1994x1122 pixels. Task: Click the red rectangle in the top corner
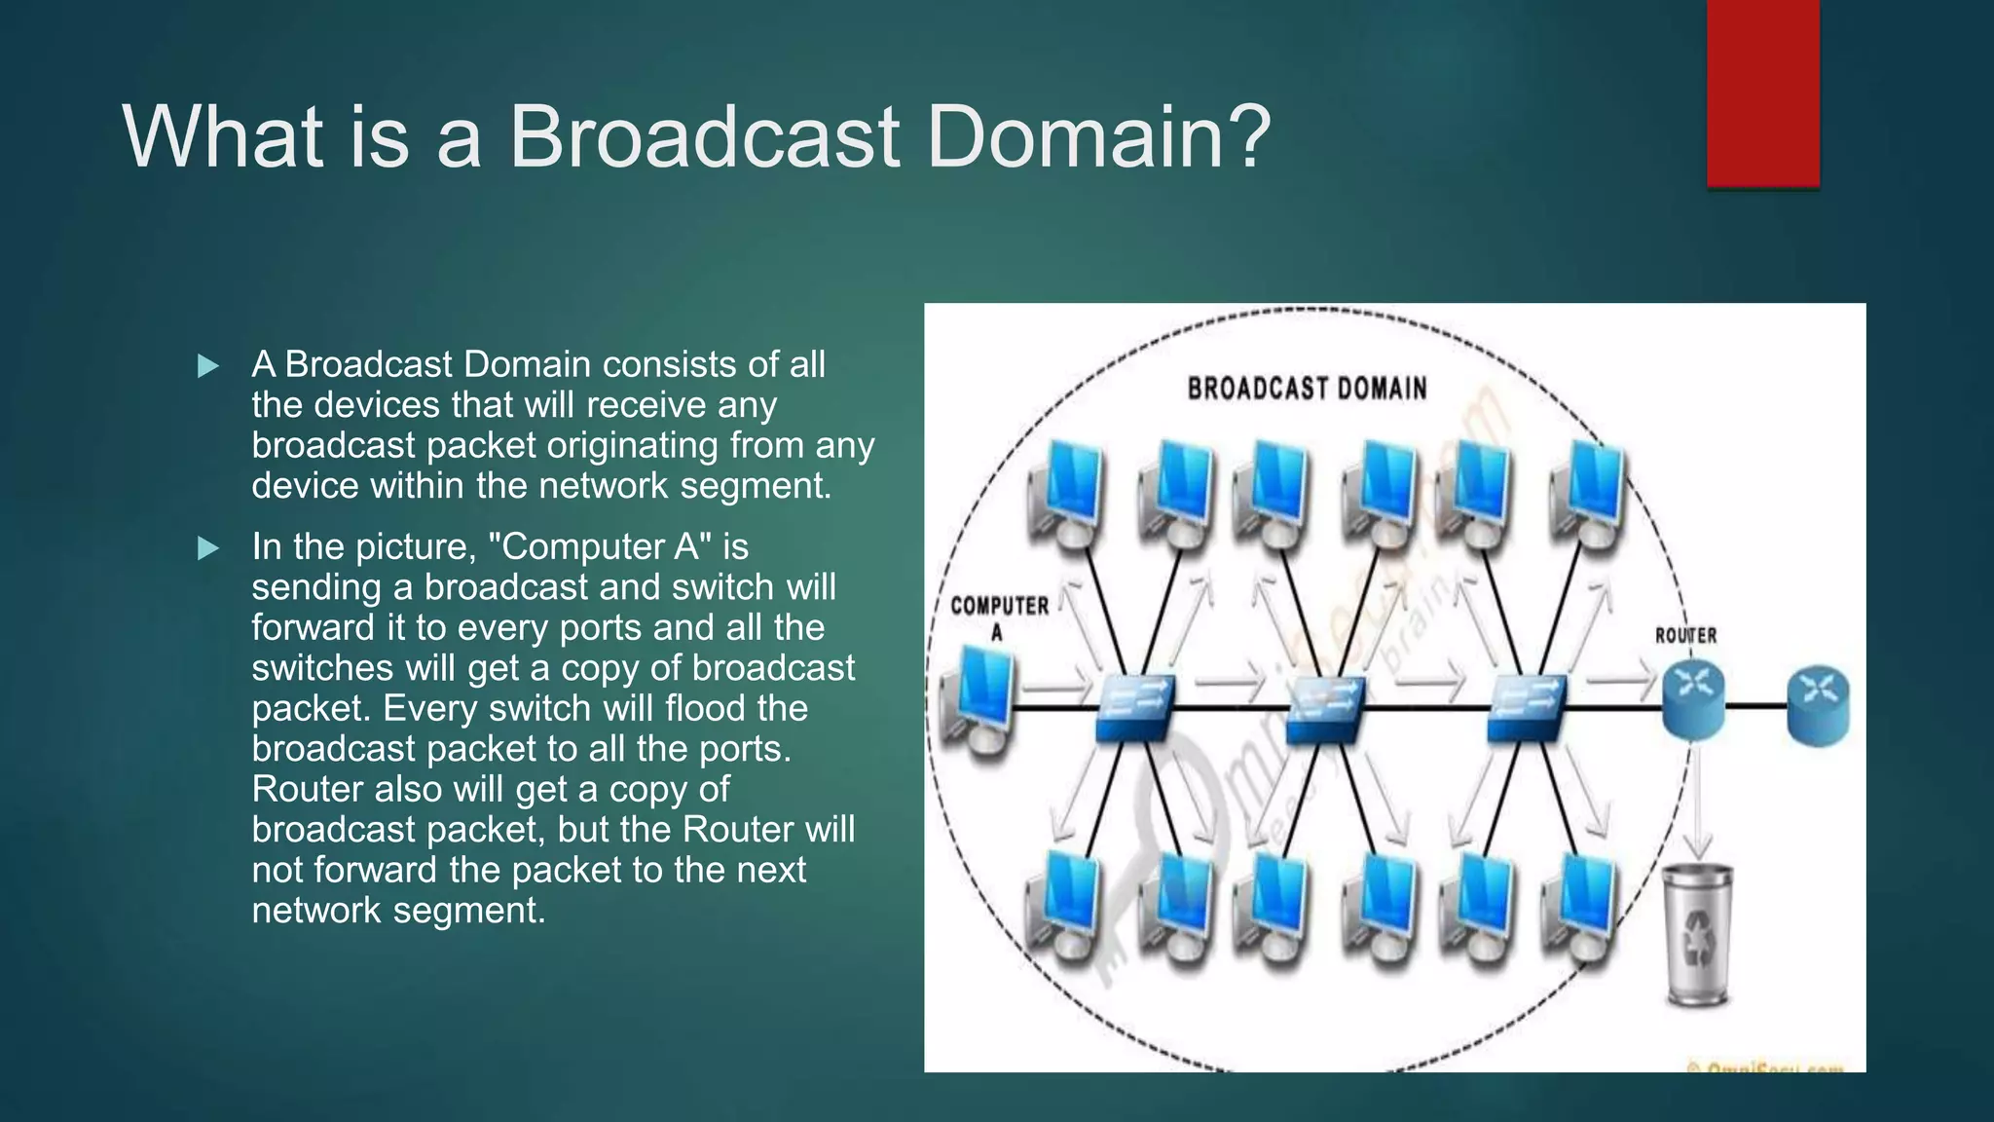tap(1762, 93)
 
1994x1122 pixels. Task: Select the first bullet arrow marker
tap(207, 366)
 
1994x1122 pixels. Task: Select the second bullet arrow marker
tap(207, 548)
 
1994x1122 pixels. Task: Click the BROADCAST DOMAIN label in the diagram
tap(1307, 389)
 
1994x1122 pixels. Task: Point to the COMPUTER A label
tap(999, 617)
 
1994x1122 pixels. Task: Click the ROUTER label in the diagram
tap(1685, 635)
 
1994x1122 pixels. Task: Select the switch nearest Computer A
tap(1133, 708)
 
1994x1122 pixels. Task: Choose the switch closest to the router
tap(1527, 708)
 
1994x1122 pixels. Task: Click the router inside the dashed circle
tap(1692, 698)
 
